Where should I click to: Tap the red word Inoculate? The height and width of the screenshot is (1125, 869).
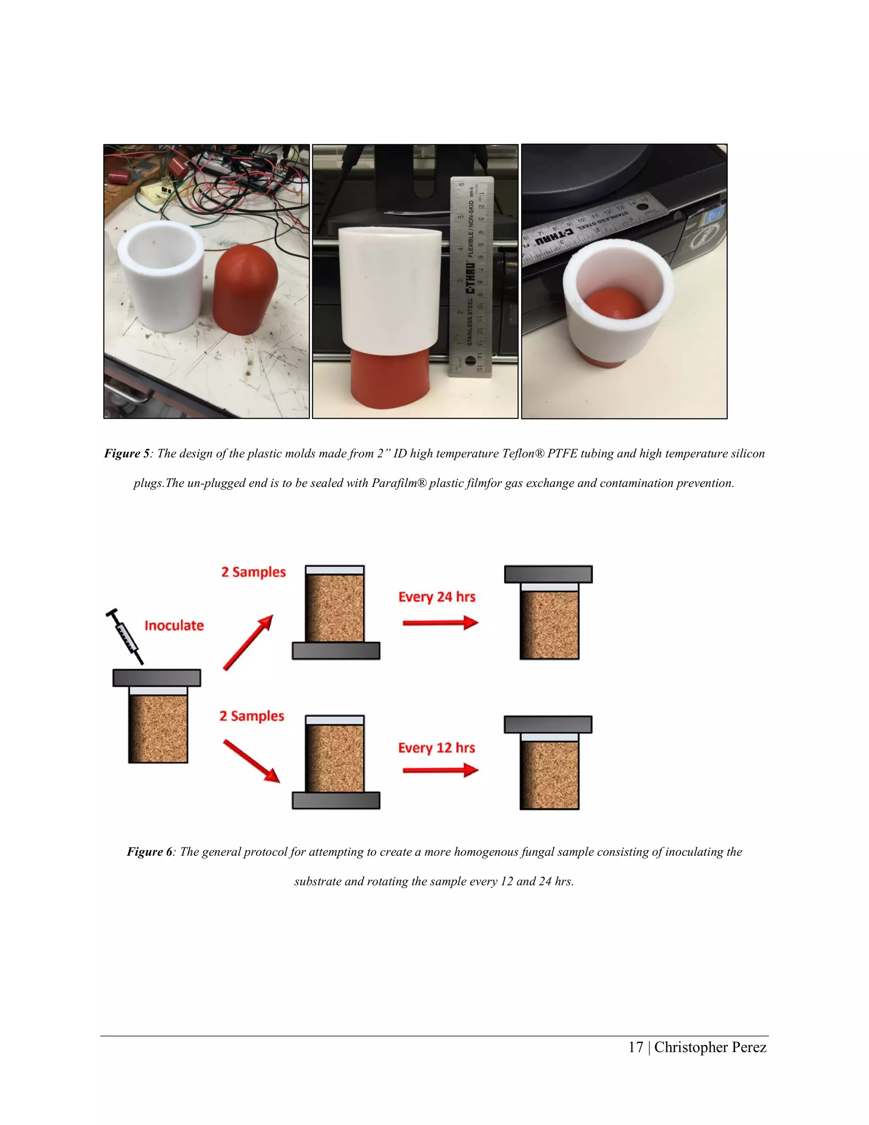pos(174,625)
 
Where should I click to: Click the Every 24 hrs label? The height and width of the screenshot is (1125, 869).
pos(437,597)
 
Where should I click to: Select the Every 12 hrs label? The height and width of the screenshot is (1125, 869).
pos(436,748)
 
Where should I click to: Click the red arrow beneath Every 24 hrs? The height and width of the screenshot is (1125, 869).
pos(440,623)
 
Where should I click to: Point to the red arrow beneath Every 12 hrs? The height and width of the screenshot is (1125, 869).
pos(440,771)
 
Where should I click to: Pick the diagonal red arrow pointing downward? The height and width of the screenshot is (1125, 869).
pos(251,761)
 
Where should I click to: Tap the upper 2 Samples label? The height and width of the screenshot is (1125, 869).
pos(253,572)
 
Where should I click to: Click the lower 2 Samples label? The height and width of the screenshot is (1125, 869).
pos(252,716)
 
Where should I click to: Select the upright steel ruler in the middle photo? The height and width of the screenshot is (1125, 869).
pos(471,278)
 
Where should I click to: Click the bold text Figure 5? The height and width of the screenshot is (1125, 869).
pos(126,453)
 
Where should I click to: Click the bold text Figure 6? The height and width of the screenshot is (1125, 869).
pos(149,852)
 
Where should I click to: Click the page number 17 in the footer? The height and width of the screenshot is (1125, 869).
pos(636,1047)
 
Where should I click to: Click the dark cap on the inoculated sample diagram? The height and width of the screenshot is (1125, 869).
pos(157,678)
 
